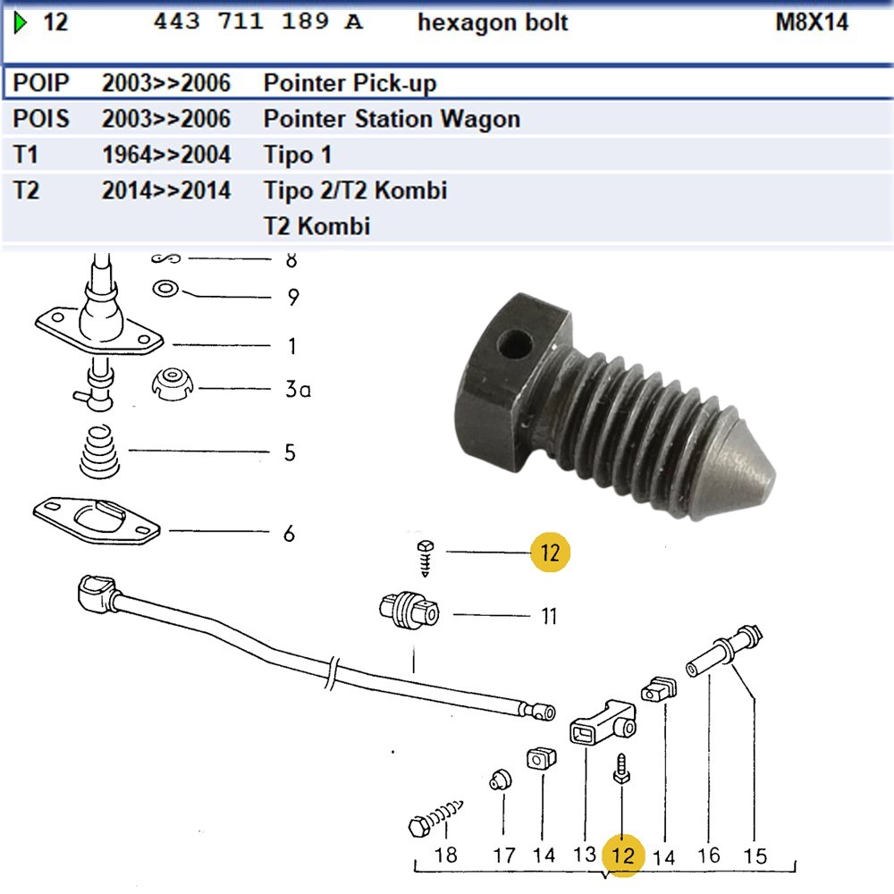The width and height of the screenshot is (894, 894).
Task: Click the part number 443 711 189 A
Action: point(258,22)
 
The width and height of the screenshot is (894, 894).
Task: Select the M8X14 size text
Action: point(811,22)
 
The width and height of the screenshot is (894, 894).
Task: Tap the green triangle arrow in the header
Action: point(21,22)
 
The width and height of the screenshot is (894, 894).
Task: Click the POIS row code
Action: point(41,119)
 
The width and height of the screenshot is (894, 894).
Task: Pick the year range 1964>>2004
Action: point(166,155)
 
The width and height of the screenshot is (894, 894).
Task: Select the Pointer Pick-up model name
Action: point(350,83)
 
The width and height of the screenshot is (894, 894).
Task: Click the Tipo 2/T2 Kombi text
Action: point(355,190)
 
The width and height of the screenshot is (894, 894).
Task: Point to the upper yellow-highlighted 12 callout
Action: point(549,552)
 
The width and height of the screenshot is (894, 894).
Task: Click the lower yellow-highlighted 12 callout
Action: point(622,855)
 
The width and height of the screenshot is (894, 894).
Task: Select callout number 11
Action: point(548,615)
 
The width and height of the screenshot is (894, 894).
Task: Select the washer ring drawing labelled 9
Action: point(165,289)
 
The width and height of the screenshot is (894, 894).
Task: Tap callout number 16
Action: point(708,855)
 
